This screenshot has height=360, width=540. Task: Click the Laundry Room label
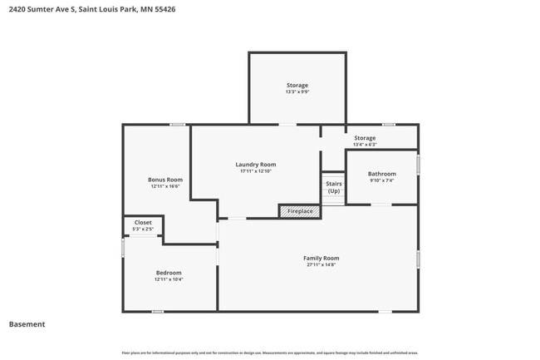pyautogui.click(x=256, y=165)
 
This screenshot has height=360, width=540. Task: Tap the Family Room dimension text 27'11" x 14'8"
pyautogui.click(x=321, y=266)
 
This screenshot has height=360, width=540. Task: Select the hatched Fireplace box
pyautogui.click(x=300, y=211)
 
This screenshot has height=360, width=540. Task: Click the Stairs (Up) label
pyautogui.click(x=333, y=187)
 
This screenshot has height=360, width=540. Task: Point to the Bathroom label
pyautogui.click(x=382, y=173)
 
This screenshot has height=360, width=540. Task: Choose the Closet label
pyautogui.click(x=143, y=222)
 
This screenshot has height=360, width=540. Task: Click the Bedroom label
pyautogui.click(x=169, y=273)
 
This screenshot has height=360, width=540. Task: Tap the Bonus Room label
pyautogui.click(x=165, y=180)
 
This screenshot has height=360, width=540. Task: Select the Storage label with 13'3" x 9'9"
pyautogui.click(x=297, y=85)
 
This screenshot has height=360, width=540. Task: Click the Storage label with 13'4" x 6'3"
pyautogui.click(x=365, y=138)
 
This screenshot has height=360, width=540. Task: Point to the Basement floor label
pyautogui.click(x=27, y=324)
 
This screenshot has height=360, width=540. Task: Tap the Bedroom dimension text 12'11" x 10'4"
pyautogui.click(x=169, y=280)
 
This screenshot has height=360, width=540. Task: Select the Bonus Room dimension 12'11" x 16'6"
pyautogui.click(x=165, y=187)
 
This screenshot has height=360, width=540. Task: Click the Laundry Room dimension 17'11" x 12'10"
pyautogui.click(x=256, y=172)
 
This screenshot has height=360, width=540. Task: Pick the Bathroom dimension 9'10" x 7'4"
pyautogui.click(x=382, y=180)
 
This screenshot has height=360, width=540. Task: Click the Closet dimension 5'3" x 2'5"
pyautogui.click(x=143, y=229)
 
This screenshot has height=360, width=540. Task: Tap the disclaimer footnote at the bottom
pyautogui.click(x=270, y=353)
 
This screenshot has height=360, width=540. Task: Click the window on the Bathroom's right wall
pyautogui.click(x=419, y=165)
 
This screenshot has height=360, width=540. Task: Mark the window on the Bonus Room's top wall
pyautogui.click(x=177, y=125)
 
